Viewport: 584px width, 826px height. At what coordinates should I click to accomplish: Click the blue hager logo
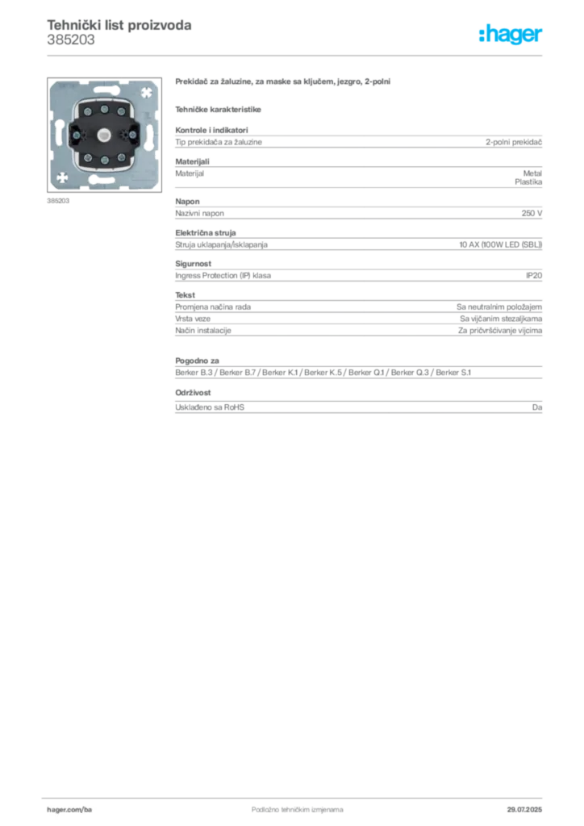(x=511, y=35)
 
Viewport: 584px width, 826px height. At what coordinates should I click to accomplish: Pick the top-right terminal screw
(x=119, y=106)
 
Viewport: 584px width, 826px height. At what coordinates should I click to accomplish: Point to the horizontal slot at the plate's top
(x=104, y=90)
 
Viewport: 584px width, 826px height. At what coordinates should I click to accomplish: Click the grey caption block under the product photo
(x=57, y=201)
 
